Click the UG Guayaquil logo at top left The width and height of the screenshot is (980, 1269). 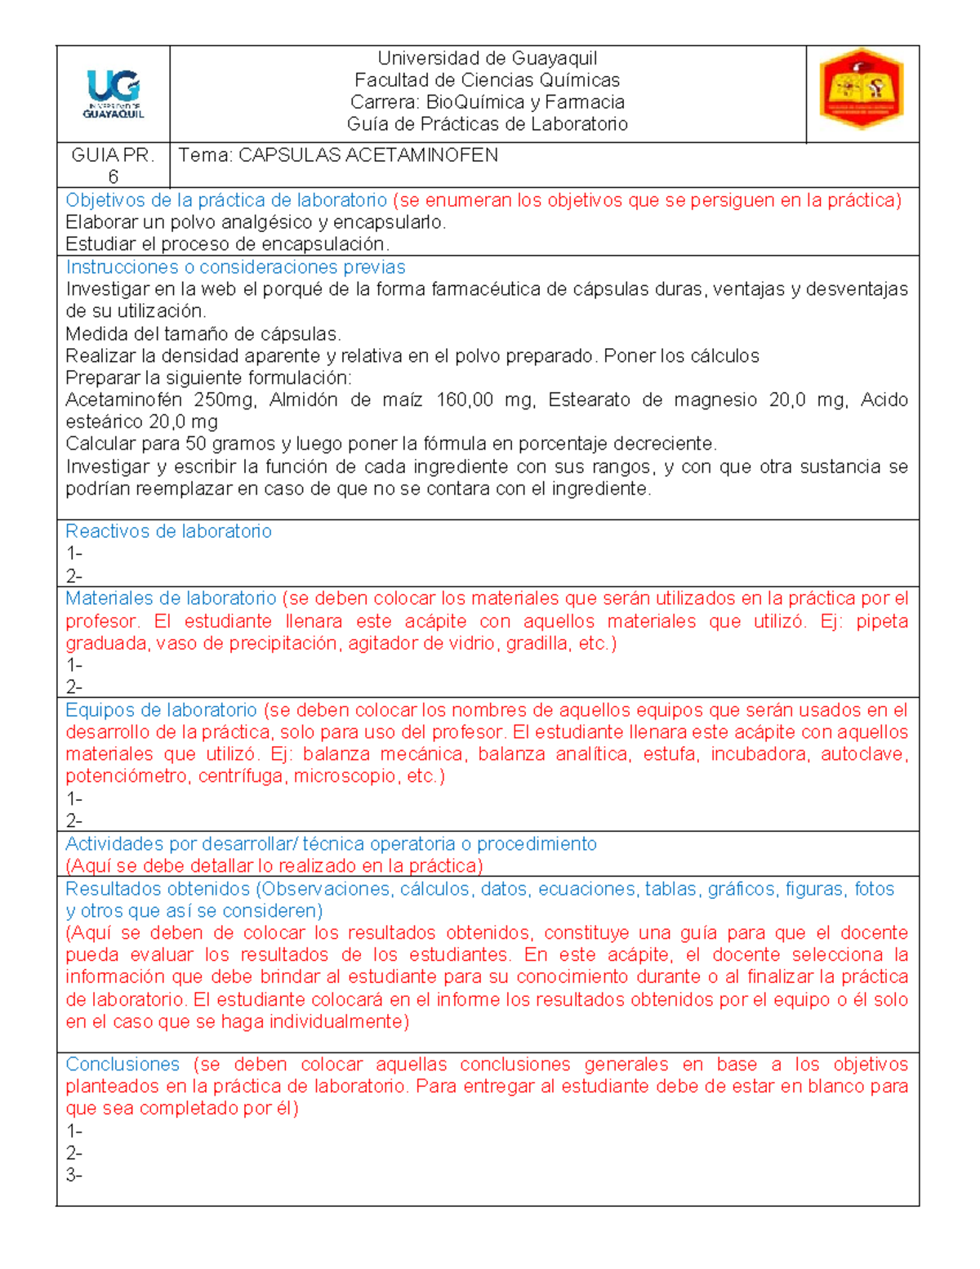(x=114, y=95)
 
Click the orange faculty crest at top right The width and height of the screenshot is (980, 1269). (x=862, y=90)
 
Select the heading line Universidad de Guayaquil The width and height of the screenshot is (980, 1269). (x=487, y=58)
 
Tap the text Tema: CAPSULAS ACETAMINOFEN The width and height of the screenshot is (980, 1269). (x=338, y=155)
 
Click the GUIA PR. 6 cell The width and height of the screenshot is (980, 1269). (x=113, y=165)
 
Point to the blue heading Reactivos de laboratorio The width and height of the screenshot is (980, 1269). (x=168, y=531)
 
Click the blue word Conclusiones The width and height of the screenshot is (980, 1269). (x=122, y=1064)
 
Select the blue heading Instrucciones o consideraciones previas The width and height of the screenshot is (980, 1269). (x=235, y=267)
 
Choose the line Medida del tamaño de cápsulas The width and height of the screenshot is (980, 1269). (x=203, y=333)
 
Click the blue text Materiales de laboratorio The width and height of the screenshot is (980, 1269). (x=171, y=598)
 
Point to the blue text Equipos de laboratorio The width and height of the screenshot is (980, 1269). (x=161, y=709)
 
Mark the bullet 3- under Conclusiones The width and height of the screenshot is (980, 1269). (x=74, y=1175)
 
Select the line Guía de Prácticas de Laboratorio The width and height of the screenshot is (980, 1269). (x=487, y=124)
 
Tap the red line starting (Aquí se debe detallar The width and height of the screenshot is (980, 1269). (x=274, y=866)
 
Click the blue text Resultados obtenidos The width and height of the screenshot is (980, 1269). (x=158, y=888)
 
